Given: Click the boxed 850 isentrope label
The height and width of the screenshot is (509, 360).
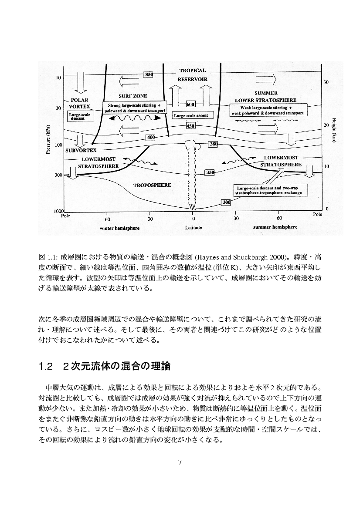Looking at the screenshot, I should [149, 74].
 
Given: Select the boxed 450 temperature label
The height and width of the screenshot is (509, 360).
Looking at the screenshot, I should [190, 126].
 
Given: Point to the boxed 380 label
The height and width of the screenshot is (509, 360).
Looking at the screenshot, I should [214, 144].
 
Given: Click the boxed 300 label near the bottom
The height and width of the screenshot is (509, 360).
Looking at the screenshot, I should [226, 202].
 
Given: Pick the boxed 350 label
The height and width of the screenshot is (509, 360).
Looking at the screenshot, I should [210, 172].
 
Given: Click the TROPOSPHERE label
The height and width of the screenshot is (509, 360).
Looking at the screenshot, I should [152, 185].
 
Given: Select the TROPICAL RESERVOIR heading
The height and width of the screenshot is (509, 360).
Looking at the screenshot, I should [192, 75].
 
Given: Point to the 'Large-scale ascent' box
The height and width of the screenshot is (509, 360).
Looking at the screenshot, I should [190, 115].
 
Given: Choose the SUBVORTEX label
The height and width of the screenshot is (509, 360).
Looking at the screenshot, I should [81, 150].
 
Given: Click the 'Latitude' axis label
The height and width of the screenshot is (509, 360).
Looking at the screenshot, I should [192, 227].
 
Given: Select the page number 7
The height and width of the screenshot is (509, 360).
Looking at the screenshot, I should [180, 462].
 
